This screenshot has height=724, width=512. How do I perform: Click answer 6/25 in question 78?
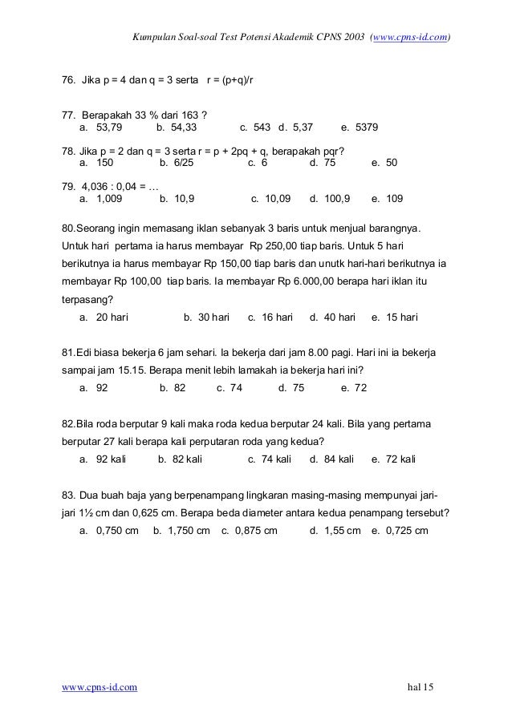click(x=177, y=162)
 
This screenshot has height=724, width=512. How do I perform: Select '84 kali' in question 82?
click(x=337, y=459)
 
